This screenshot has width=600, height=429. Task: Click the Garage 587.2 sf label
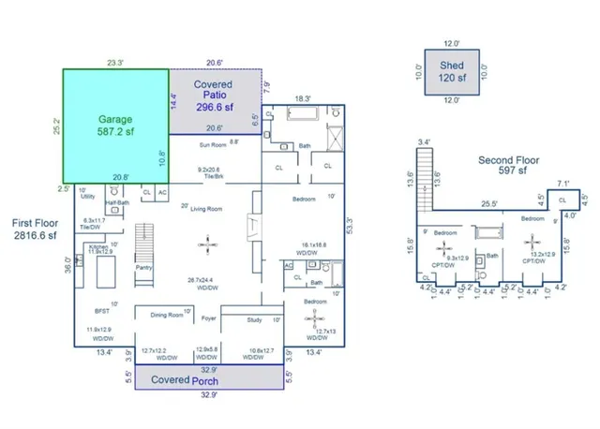[116, 126]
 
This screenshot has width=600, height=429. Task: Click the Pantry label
[143, 267]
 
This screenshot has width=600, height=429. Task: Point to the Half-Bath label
[117, 200]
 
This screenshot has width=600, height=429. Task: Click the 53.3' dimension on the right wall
[349, 227]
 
